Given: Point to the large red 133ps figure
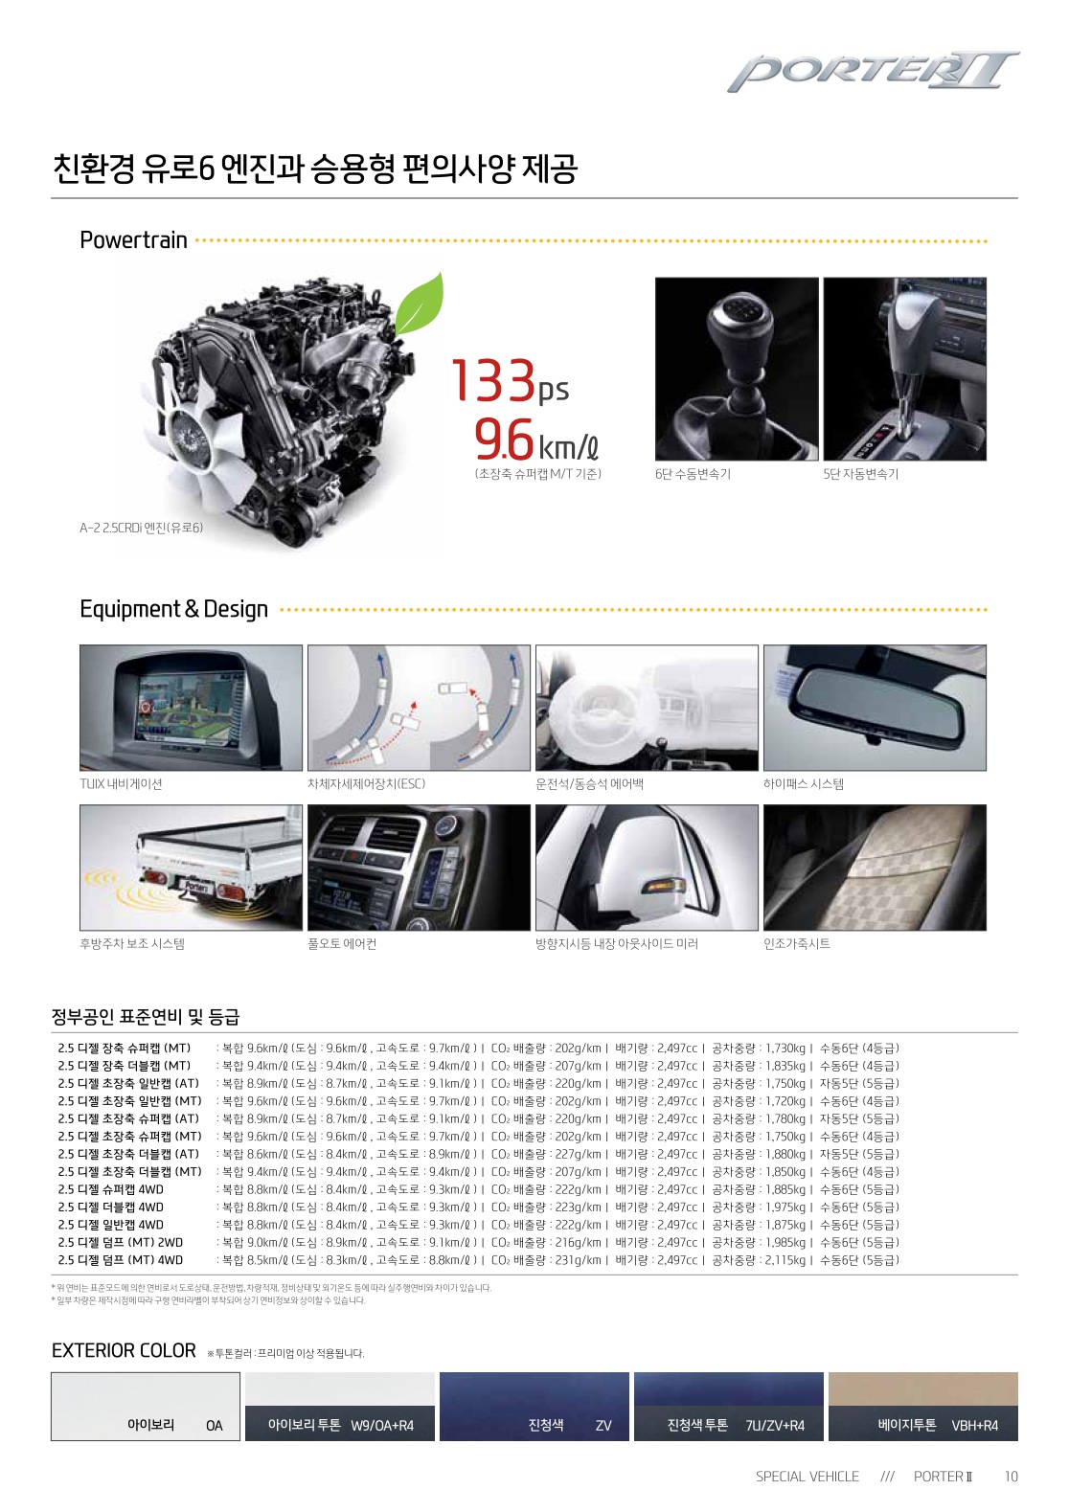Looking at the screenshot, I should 509,381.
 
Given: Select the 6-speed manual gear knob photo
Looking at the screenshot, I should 737,369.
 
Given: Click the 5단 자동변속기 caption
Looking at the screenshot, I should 860,474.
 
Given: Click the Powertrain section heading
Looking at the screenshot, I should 133,240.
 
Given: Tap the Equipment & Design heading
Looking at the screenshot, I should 173,609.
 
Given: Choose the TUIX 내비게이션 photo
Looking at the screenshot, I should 191,707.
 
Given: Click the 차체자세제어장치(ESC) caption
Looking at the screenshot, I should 366,784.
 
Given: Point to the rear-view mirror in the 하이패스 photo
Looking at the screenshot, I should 875,713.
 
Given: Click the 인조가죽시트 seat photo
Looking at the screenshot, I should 874,868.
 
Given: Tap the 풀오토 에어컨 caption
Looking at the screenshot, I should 342,944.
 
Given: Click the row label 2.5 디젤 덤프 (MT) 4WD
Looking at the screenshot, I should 121,1260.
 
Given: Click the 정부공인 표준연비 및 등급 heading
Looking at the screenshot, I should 146,1017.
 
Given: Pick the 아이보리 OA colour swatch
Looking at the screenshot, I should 146,1406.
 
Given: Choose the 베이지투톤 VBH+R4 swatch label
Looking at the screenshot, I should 937,1425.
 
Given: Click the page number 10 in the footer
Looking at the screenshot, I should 1011,1477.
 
